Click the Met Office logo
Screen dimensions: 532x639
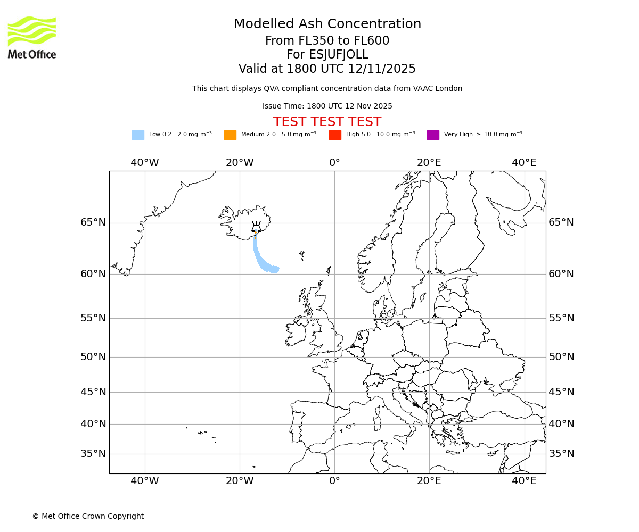tap(32, 37)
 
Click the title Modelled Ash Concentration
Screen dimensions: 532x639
tap(327, 24)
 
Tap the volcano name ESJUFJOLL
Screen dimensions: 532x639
tap(327, 55)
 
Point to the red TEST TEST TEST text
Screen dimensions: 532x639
tap(327, 122)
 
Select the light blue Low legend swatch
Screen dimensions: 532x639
tap(138, 135)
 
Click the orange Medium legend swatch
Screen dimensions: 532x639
tap(230, 135)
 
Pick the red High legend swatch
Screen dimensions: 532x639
tap(335, 135)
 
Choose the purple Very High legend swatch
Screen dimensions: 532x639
tap(433, 135)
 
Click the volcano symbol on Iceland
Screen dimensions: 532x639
tap(256, 227)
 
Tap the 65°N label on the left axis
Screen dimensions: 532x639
tap(93, 222)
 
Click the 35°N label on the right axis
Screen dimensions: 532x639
tap(561, 454)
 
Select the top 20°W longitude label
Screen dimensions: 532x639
tap(240, 163)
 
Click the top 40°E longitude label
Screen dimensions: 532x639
tap(524, 163)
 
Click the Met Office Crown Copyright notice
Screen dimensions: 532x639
tap(88, 516)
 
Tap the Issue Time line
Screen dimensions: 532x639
tap(327, 106)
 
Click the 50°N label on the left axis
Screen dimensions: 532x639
tap(93, 357)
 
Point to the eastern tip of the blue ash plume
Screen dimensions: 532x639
tap(278, 269)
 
